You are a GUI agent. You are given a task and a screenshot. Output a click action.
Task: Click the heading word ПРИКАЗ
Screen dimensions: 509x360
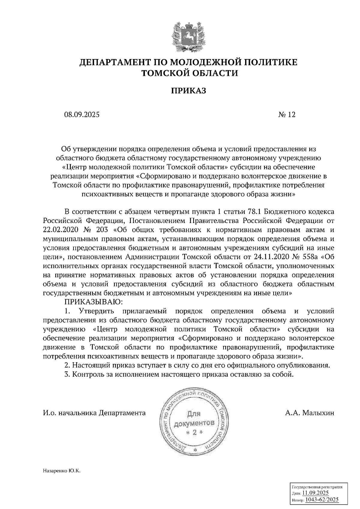pyautogui.click(x=188, y=91)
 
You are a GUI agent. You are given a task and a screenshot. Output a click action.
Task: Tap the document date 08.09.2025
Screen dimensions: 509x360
pyautogui.click(x=81, y=115)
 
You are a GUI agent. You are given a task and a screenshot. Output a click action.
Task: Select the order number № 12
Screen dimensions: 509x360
pyautogui.click(x=287, y=115)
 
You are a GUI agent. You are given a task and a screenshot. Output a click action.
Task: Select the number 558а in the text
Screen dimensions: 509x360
pyautogui.click(x=308, y=257)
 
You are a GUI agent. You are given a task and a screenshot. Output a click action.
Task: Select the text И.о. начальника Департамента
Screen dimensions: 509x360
pyautogui.click(x=94, y=413)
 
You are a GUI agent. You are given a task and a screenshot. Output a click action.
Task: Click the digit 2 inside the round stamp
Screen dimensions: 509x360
pyautogui.click(x=194, y=432)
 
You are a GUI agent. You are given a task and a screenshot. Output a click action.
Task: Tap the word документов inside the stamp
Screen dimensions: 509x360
pyautogui.click(x=194, y=423)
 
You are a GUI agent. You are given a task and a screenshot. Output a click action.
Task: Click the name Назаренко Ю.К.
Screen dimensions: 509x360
pyautogui.click(x=62, y=471)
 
